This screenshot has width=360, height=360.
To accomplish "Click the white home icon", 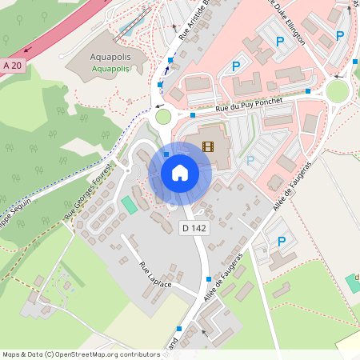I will click(179, 173).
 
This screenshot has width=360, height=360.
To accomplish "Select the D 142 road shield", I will click(194, 228).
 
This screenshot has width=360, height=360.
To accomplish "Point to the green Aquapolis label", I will click(110, 70).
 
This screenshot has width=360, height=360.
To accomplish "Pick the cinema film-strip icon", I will click(208, 146).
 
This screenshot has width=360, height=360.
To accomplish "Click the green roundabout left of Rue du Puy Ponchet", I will click(163, 117).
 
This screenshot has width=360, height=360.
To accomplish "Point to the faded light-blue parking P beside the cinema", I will click(250, 160).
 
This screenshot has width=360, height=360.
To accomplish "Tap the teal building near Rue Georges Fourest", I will click(129, 205).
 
